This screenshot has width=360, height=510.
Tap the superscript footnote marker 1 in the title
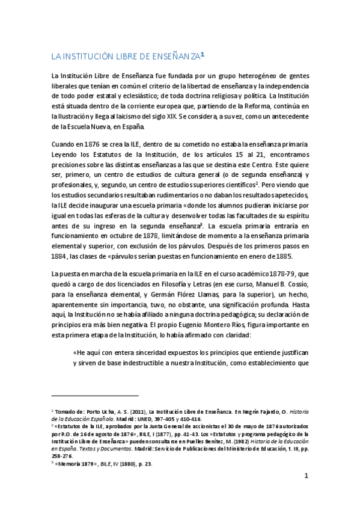(203, 54)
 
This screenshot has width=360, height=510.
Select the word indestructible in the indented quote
(150, 363)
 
